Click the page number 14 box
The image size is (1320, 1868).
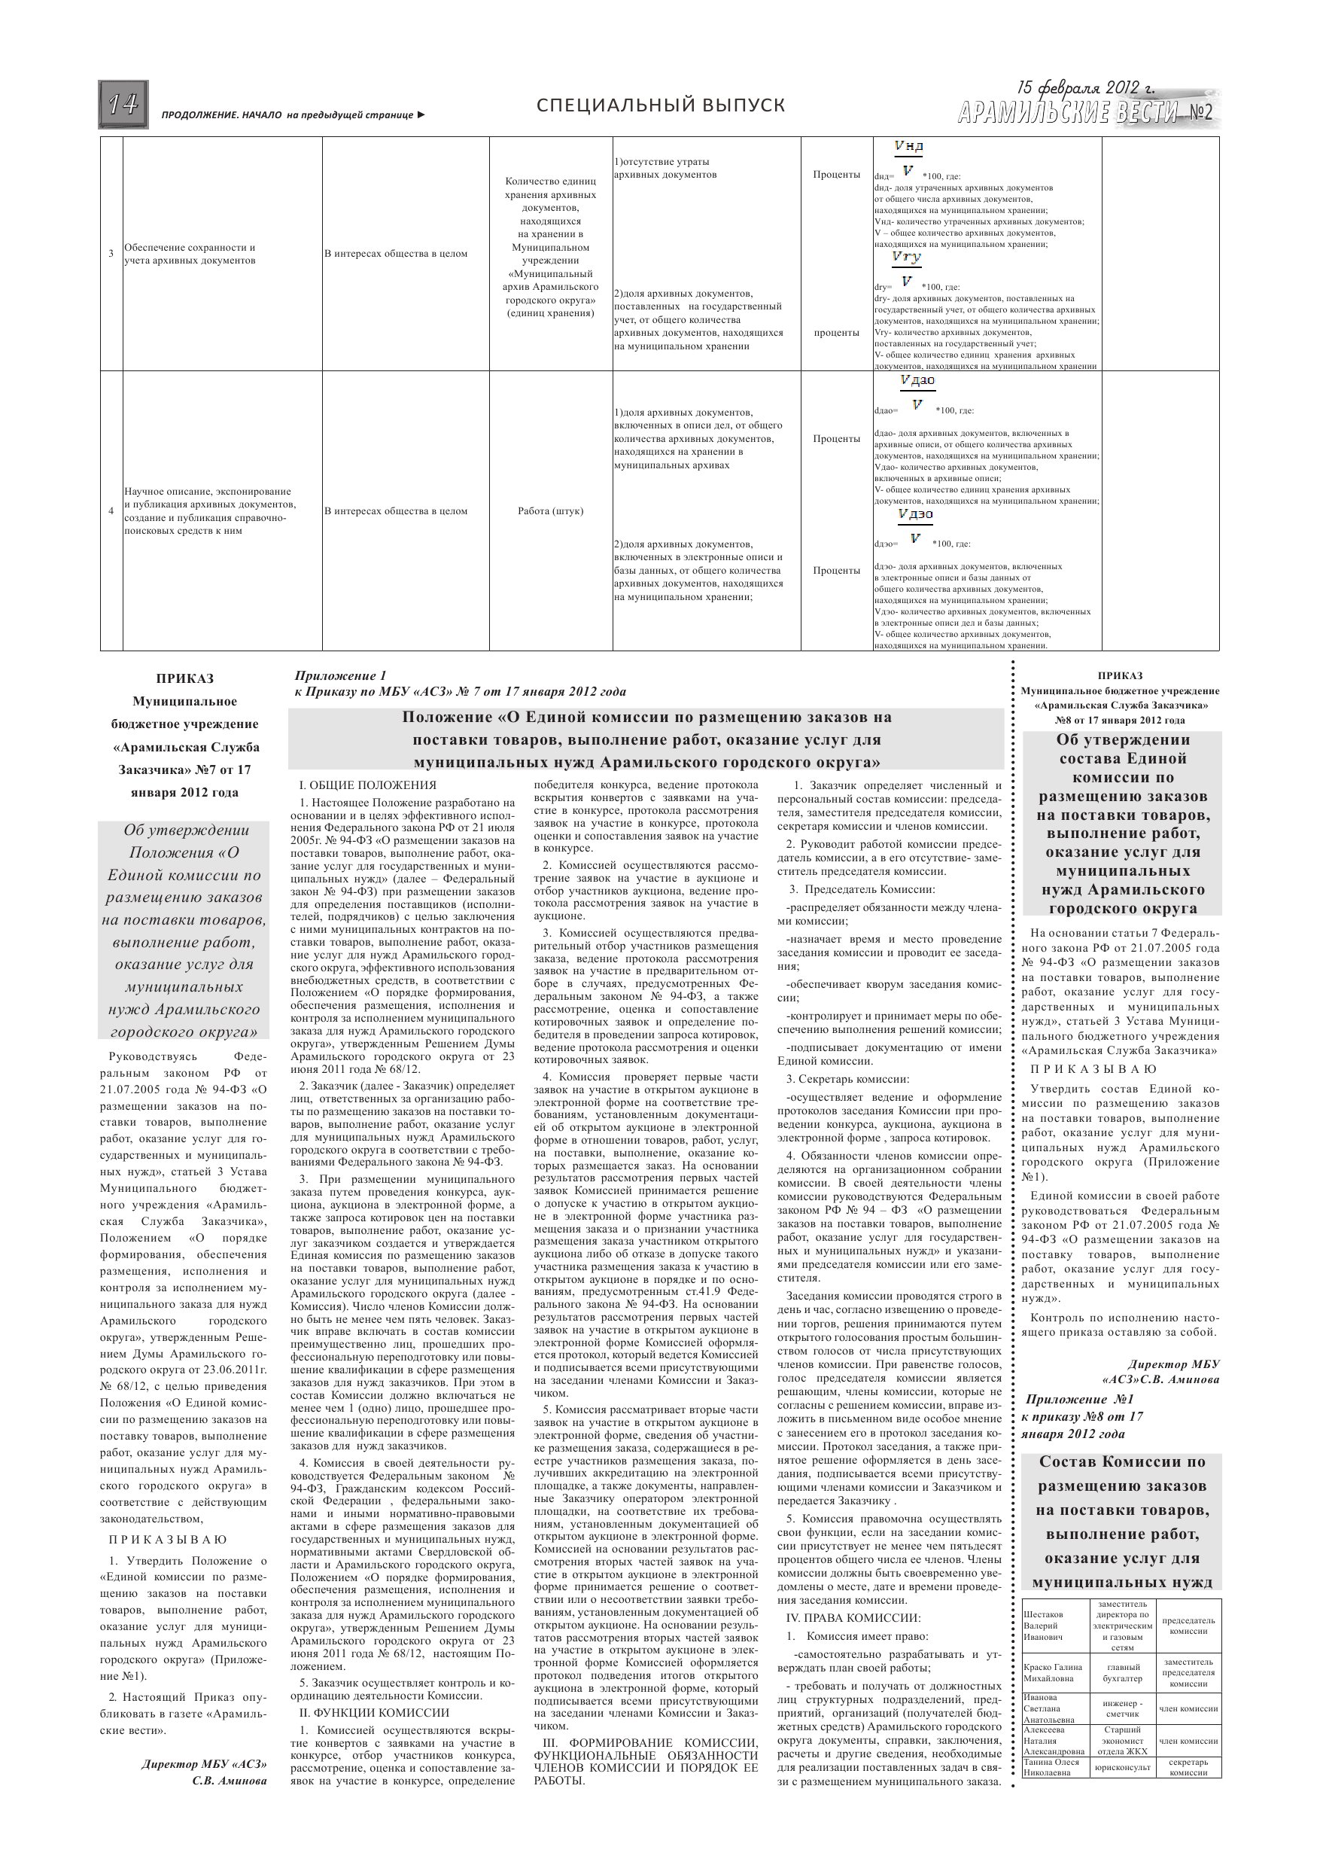[123, 105]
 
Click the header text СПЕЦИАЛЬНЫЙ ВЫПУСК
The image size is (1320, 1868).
[661, 105]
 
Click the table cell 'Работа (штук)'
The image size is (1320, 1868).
[551, 511]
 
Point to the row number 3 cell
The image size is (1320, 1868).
[111, 254]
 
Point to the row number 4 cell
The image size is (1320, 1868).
[111, 511]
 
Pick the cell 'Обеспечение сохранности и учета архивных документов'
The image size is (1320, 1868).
[190, 254]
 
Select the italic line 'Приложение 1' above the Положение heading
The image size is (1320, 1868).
[341, 675]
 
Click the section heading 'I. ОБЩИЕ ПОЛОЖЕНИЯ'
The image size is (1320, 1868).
[367, 785]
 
